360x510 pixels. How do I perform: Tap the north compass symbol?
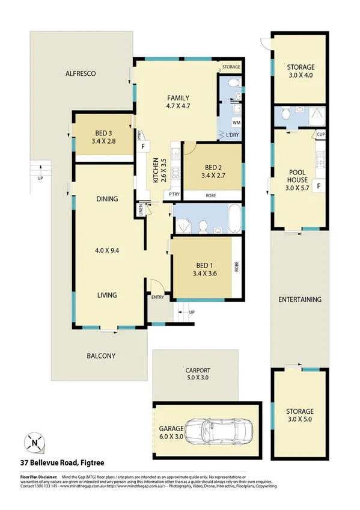tap(34, 444)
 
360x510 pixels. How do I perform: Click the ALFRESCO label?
tap(81, 73)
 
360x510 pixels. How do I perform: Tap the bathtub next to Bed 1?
tap(234, 219)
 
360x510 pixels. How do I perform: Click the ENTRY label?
tap(158, 296)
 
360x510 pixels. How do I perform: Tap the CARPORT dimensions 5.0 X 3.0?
tap(197, 378)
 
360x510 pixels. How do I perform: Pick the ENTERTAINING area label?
tap(300, 299)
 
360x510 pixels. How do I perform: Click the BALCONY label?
tap(100, 356)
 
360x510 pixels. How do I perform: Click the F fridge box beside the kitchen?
tap(143, 146)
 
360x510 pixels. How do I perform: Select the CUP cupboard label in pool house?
tap(322, 134)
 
